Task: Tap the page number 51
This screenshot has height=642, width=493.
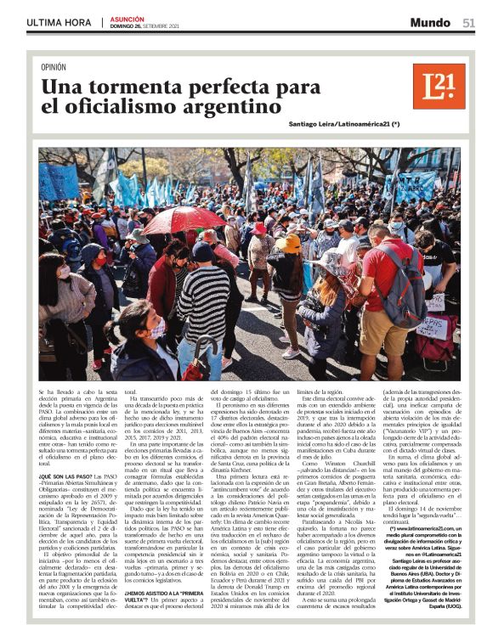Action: click(468, 23)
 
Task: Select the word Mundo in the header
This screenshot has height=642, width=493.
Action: click(430, 23)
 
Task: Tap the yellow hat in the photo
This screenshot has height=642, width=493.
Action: click(290, 244)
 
